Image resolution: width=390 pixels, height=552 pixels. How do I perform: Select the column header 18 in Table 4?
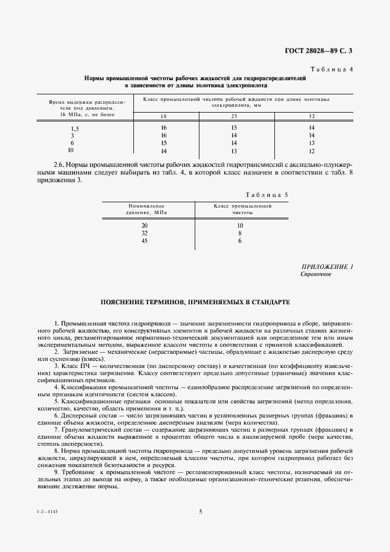pyautogui.click(x=163, y=115)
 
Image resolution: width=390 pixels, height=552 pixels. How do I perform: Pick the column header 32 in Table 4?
pyautogui.click(x=312, y=115)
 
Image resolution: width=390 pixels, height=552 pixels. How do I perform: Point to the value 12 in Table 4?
pyautogui.click(x=312, y=151)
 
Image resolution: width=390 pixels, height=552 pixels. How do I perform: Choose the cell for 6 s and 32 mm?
pyautogui.click(x=312, y=143)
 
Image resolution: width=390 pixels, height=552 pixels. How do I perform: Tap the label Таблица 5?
pyautogui.click(x=266, y=194)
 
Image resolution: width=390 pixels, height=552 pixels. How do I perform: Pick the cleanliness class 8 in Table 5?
pyautogui.click(x=240, y=234)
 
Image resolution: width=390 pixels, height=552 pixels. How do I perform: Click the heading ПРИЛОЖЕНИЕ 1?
pyautogui.click(x=327, y=267)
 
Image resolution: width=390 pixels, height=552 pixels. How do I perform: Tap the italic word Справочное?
pyautogui.click(x=316, y=274)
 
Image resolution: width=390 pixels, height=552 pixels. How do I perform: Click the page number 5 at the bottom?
pyautogui.click(x=201, y=511)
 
